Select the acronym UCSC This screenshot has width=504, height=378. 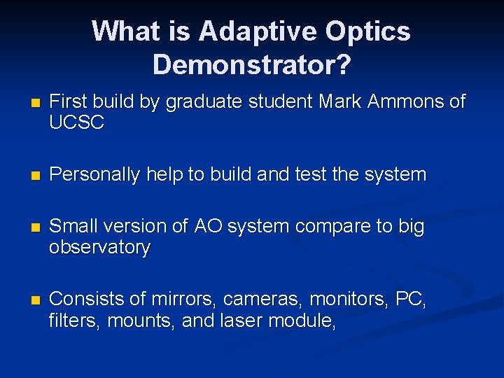77,123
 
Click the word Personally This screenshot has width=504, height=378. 94,175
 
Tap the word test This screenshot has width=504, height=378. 309,175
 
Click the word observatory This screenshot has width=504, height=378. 99,248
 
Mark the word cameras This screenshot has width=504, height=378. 262,300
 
